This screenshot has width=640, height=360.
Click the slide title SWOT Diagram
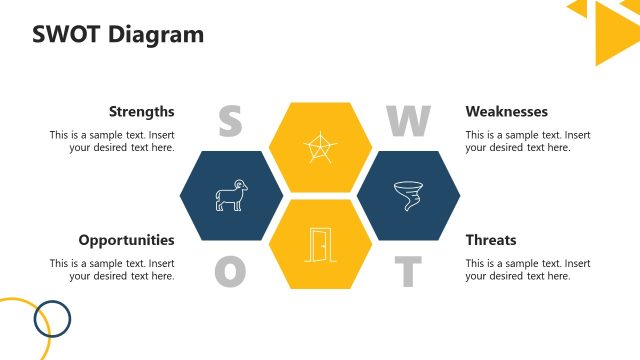point(118,35)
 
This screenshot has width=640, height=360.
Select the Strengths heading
point(141,112)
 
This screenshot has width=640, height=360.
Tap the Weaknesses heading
point(506,112)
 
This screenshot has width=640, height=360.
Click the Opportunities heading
point(126,240)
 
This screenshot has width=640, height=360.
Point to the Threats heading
point(490,240)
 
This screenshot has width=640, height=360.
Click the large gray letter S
point(230,122)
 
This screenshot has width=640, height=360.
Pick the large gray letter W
point(408,122)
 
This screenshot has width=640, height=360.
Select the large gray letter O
point(230,271)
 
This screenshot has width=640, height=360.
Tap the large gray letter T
point(407,271)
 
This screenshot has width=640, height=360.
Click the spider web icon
point(319,148)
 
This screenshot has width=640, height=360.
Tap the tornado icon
point(408,196)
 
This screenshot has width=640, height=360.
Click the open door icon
point(319,244)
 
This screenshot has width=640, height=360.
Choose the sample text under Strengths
point(112,141)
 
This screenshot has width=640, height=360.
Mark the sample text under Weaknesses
point(527,141)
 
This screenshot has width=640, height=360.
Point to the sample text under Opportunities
point(112,269)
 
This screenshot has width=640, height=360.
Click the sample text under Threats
point(527,269)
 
